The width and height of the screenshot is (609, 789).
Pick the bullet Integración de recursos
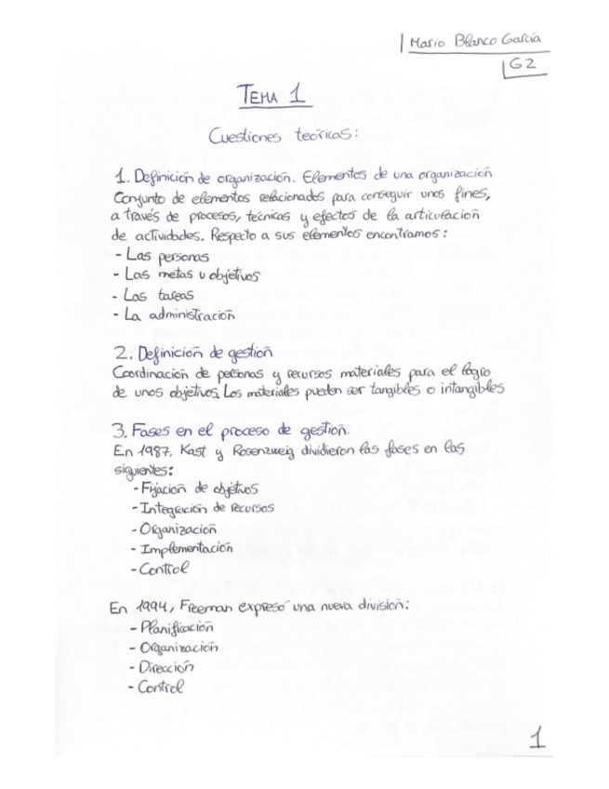click(204, 509)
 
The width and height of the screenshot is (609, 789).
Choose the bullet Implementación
click(185, 549)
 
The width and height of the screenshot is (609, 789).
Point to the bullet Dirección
click(164, 667)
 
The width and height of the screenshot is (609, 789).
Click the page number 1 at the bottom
click(536, 740)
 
